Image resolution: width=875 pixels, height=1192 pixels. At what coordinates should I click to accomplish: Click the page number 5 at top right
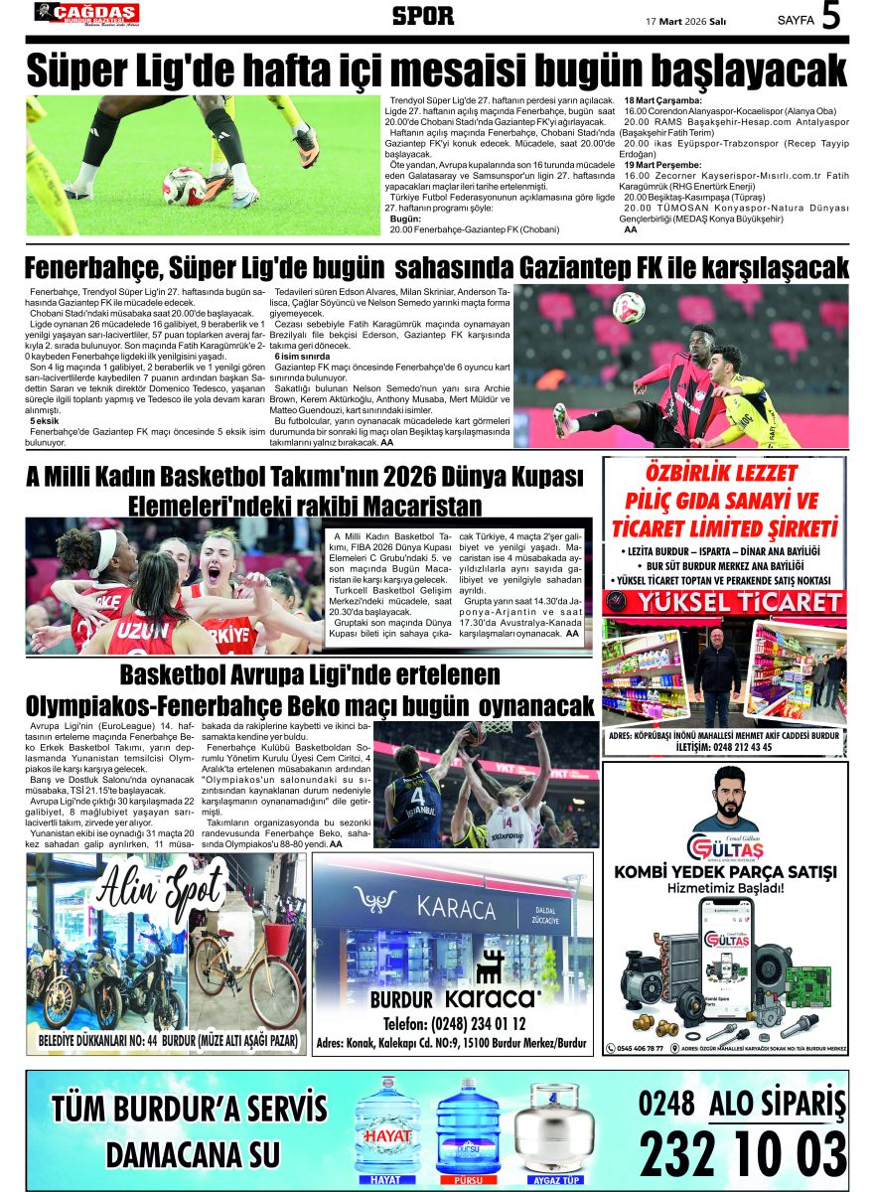click(x=831, y=17)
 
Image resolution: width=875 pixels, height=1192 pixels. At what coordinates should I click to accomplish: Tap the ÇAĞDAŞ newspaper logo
click(x=86, y=13)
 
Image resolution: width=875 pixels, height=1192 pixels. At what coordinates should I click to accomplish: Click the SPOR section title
click(x=423, y=16)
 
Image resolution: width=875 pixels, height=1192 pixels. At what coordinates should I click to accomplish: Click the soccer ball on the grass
click(x=184, y=185)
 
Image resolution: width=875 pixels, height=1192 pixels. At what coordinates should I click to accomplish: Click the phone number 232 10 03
click(x=742, y=1153)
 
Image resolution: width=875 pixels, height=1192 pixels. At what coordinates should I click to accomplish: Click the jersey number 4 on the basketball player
click(x=418, y=796)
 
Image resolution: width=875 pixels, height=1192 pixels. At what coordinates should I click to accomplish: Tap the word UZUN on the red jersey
click(x=143, y=630)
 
